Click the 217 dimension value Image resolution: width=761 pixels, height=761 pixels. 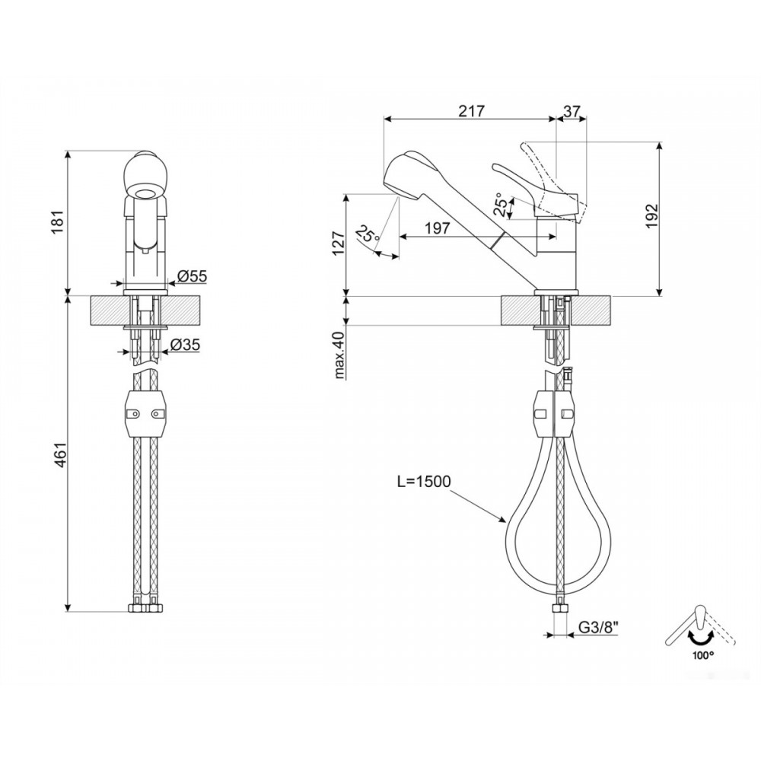pyautogui.click(x=471, y=111)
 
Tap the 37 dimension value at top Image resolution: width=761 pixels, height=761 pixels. pyautogui.click(x=572, y=111)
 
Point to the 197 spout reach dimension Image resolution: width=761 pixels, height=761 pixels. pyautogui.click(x=438, y=228)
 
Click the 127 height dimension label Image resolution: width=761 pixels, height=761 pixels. pyautogui.click(x=339, y=244)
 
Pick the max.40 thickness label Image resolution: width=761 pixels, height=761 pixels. pyautogui.click(x=339, y=355)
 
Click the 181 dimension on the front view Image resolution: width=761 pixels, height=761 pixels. pyautogui.click(x=59, y=221)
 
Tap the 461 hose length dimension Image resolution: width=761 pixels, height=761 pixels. pyautogui.click(x=59, y=455)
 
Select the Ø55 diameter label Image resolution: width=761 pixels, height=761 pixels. pyautogui.click(x=193, y=276)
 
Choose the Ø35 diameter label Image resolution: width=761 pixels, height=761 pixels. pyautogui.click(x=185, y=345)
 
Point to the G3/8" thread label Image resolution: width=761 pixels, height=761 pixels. pyautogui.click(x=598, y=628)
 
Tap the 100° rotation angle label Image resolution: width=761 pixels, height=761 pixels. pyautogui.click(x=703, y=654)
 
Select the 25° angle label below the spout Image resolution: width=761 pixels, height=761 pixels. pyautogui.click(x=368, y=234)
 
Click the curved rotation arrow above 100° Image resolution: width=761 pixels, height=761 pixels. pyautogui.click(x=699, y=636)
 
